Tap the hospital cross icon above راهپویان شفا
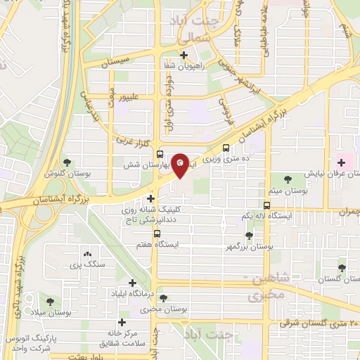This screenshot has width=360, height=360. (184, 56)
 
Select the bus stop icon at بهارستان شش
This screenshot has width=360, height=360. (160, 155)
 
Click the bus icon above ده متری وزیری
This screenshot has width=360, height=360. (226, 148)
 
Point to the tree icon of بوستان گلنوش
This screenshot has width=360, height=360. (67, 162)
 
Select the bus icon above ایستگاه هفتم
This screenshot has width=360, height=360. (156, 233)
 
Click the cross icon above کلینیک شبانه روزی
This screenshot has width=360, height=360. (151, 199)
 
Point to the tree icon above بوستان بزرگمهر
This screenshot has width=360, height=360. (249, 236)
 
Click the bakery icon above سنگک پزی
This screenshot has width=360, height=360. (87, 254)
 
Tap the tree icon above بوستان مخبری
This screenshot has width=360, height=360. (163, 298)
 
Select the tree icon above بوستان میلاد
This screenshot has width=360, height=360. (49, 300)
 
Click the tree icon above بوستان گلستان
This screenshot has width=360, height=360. (342, 267)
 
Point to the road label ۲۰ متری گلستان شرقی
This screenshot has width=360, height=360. (318, 323)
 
